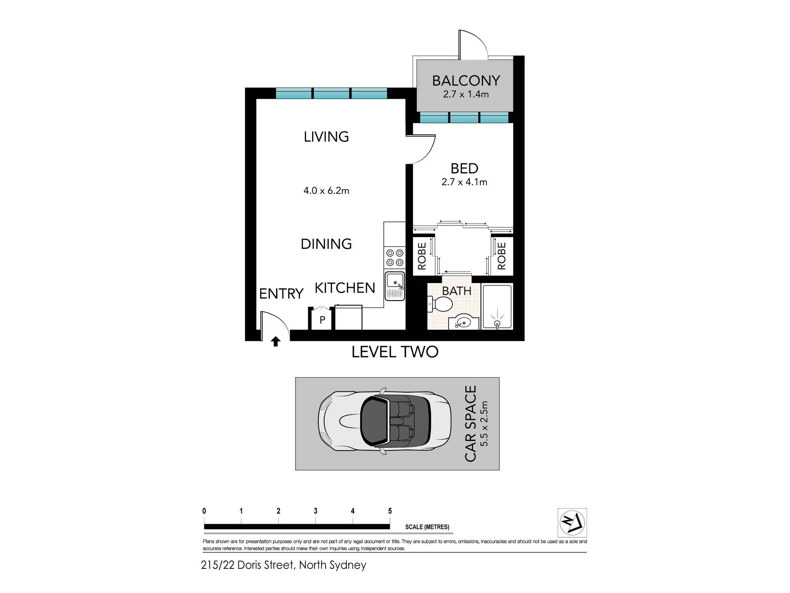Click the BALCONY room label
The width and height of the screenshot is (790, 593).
pyautogui.click(x=466, y=81)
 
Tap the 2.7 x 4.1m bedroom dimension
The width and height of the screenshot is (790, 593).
pyautogui.click(x=464, y=182)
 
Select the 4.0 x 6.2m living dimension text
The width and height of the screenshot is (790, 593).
pyautogui.click(x=326, y=191)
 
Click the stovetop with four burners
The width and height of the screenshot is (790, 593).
pyautogui.click(x=395, y=257)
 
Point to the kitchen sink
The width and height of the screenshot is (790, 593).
pyautogui.click(x=395, y=286)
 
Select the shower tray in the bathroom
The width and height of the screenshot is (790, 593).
pyautogui.click(x=497, y=306)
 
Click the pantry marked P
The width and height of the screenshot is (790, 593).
pyautogui.click(x=322, y=320)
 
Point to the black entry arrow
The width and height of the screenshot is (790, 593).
pyautogui.click(x=276, y=341)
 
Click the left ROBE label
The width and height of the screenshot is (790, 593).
pyautogui.click(x=422, y=256)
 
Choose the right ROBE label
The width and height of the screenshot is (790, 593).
pyautogui.click(x=502, y=256)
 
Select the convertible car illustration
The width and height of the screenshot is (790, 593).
pyautogui.click(x=384, y=422)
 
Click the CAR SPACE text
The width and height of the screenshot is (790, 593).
pyautogui.click(x=470, y=423)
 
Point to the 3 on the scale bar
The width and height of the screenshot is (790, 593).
pyautogui.click(x=315, y=511)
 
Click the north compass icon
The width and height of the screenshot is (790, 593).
pyautogui.click(x=572, y=523)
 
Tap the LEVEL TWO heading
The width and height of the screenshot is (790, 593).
pyautogui.click(x=395, y=352)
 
